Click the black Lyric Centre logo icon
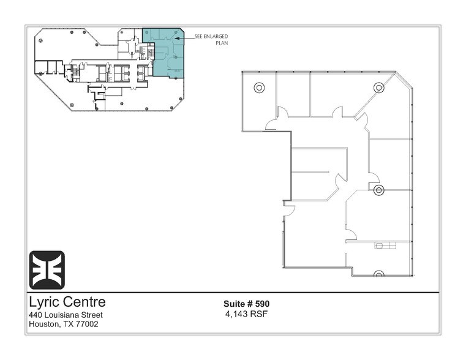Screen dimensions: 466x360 [x=47, y=270]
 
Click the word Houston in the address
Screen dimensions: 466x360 [x=43, y=324]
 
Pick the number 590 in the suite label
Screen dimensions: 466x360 [x=263, y=304]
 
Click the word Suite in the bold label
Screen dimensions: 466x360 [x=234, y=304]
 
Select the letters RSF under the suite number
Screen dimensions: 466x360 [x=258, y=314]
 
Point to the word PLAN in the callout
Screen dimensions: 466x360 [x=222, y=43]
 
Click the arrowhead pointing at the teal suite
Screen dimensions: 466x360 [x=176, y=39]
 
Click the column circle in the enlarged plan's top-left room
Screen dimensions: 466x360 [x=259, y=88]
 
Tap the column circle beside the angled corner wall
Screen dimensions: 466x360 [x=378, y=88]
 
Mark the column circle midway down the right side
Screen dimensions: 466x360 [x=378, y=190]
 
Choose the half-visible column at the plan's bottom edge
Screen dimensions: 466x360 [x=378, y=274]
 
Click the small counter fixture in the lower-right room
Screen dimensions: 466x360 [x=385, y=246]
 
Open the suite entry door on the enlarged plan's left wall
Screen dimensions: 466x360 [x=289, y=209]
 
